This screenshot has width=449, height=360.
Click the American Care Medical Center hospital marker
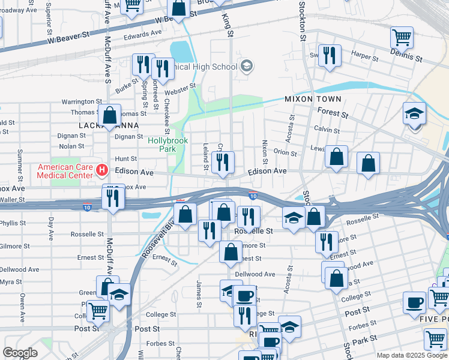point(101,171)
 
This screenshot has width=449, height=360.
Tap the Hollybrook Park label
point(168,144)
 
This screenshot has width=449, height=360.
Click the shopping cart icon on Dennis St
point(402,38)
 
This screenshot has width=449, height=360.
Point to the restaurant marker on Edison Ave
point(223,162)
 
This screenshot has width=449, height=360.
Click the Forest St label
point(334,112)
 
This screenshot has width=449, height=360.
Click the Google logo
point(20,353)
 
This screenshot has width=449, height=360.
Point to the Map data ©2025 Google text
point(411,355)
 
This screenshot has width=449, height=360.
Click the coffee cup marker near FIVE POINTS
point(414,303)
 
